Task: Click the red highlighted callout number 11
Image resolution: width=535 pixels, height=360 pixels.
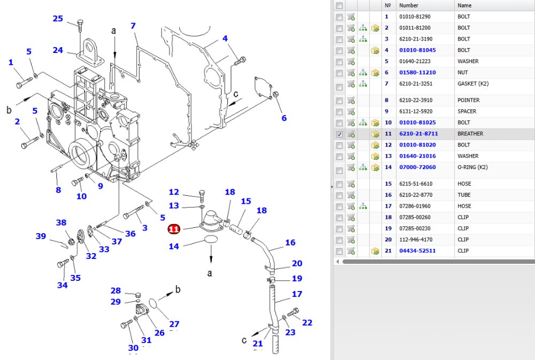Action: point(174,228)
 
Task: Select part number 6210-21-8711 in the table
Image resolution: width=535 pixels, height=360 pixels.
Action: point(418,134)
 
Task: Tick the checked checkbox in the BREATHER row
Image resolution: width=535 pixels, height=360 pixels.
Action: point(339,134)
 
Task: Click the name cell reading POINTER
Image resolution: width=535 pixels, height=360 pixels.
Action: point(468,101)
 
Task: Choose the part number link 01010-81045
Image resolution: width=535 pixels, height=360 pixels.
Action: point(417,50)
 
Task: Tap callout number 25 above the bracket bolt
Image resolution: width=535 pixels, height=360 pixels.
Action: point(58,18)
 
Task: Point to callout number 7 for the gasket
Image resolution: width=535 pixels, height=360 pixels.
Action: point(133,26)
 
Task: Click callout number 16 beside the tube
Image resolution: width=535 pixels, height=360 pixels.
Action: point(290,243)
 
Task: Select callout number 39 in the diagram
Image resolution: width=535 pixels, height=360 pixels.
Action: point(41,236)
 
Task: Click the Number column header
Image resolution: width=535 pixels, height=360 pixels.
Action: point(408,5)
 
